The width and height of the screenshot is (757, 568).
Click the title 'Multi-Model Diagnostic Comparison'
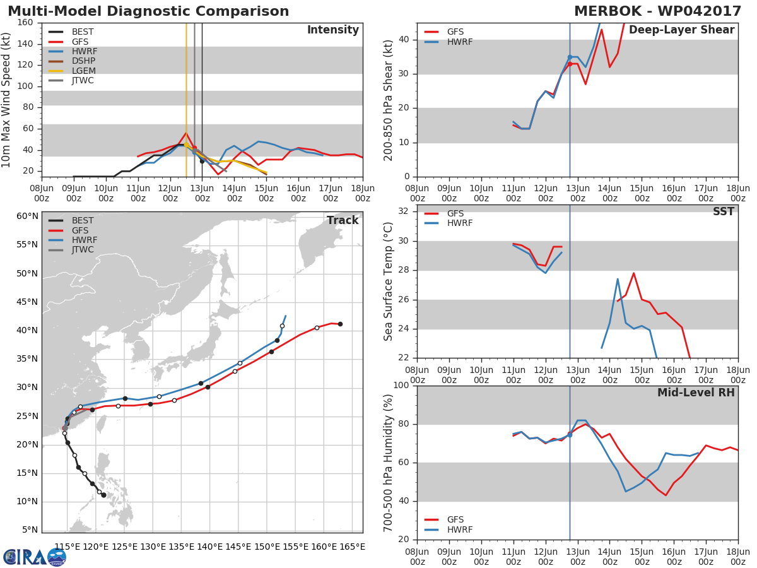148,11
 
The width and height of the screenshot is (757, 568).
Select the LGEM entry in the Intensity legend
83,71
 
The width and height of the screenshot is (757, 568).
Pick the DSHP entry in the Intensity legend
83,61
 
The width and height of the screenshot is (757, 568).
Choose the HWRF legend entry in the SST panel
459,223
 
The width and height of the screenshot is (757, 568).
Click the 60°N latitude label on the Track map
27,216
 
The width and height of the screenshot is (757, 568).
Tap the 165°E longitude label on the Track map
351,547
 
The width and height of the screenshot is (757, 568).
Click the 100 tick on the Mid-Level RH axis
401,386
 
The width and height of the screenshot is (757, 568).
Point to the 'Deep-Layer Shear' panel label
681,30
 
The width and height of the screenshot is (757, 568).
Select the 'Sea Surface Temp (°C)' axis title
389,281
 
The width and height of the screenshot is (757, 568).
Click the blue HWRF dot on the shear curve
570,57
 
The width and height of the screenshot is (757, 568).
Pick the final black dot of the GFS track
340,324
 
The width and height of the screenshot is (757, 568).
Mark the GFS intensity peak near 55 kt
185,133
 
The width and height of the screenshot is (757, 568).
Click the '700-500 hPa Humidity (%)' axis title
389,462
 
